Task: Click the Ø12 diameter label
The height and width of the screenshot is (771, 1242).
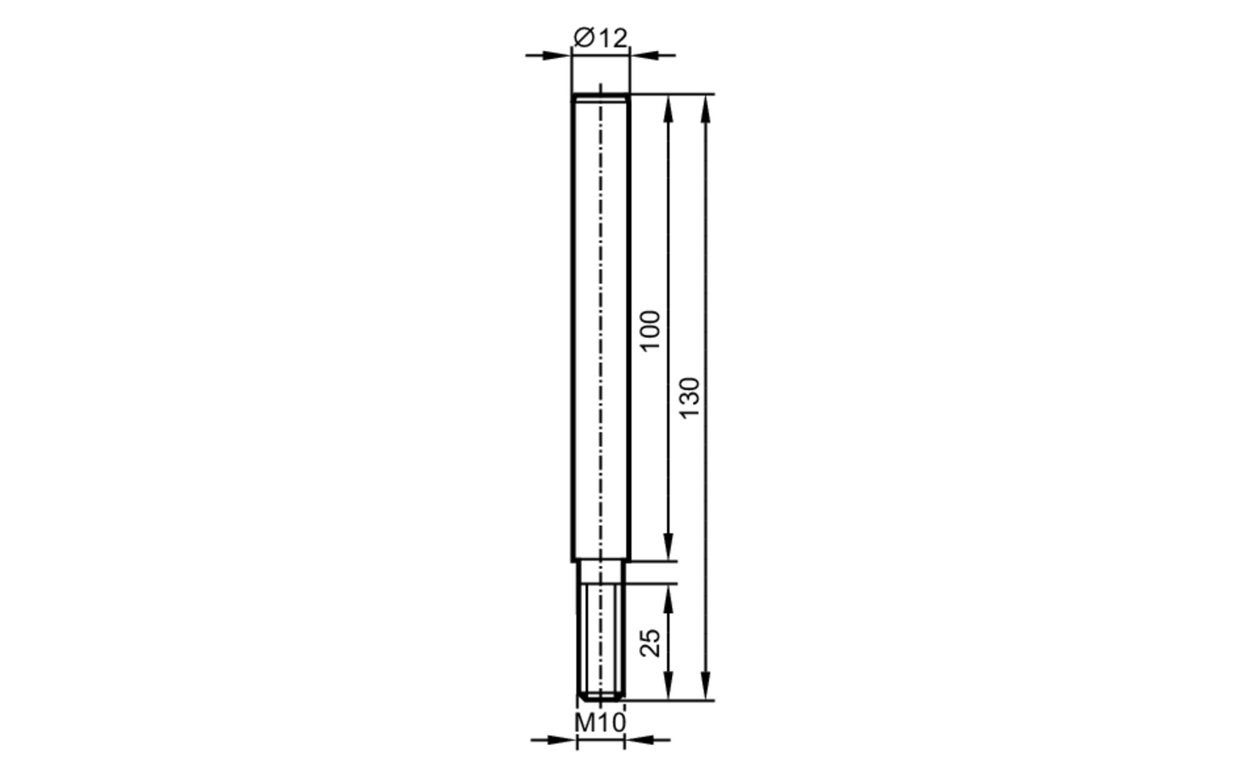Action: coord(601,38)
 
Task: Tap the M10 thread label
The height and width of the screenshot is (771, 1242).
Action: coord(600,723)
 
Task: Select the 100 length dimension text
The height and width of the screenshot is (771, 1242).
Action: coord(650,331)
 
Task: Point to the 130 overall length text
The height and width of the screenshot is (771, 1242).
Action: coord(689,398)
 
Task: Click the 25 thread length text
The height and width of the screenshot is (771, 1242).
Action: coord(650,643)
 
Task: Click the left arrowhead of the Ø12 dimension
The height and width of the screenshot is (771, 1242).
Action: coord(557,55)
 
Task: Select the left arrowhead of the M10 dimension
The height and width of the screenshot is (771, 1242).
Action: coord(563,740)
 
